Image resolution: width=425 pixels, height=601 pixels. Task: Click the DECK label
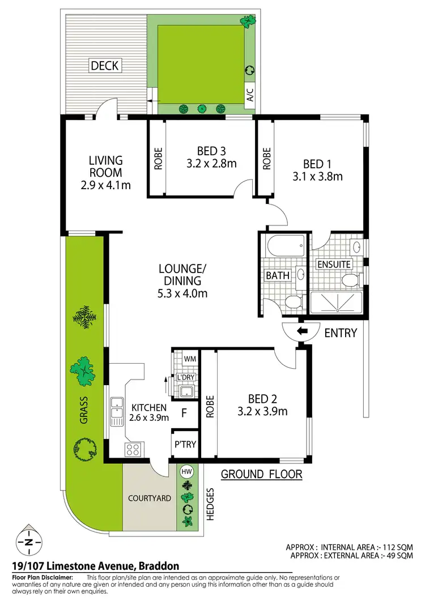pyautogui.click(x=105, y=66)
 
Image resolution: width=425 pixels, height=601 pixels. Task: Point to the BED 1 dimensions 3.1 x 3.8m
pyautogui.click(x=318, y=176)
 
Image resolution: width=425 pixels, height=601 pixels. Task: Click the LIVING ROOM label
pyautogui.click(x=105, y=167)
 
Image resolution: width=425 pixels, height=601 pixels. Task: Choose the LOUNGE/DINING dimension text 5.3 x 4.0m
pyautogui.click(x=182, y=293)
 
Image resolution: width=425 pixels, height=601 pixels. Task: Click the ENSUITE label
pyautogui.click(x=334, y=264)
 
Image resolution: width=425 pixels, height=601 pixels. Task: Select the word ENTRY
pyautogui.click(x=341, y=333)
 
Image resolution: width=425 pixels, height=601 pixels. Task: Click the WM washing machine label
pyautogui.click(x=189, y=359)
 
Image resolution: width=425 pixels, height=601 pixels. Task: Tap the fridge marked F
pyautogui.click(x=184, y=413)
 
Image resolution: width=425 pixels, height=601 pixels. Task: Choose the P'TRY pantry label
pyautogui.click(x=185, y=445)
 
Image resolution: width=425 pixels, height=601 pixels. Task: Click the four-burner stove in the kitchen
pyautogui.click(x=133, y=450)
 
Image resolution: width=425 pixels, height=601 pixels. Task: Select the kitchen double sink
pyautogui.click(x=117, y=411)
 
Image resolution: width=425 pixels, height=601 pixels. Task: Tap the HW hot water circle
pyautogui.click(x=186, y=471)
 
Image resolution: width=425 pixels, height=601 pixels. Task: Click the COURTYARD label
pyautogui.click(x=150, y=498)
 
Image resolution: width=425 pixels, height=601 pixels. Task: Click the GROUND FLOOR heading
pyautogui.click(x=261, y=474)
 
